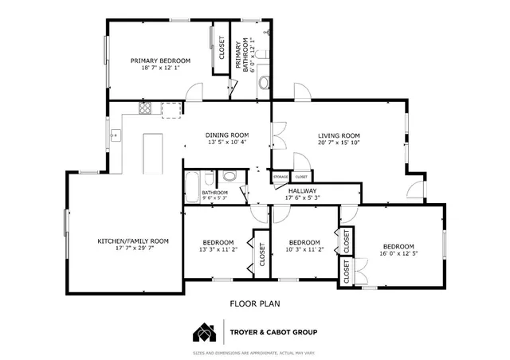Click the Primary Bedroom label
point(161,61)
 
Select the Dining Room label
point(227,135)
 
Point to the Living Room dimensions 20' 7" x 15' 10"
point(339,143)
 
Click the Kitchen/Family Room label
point(133,241)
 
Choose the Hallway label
point(303,191)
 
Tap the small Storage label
point(280,176)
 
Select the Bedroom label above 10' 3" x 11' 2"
point(304,242)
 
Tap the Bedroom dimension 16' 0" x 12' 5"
point(398,254)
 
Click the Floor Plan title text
point(255,303)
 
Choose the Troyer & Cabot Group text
point(273,332)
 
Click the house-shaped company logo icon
point(204,332)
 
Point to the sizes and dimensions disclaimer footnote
point(255,352)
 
